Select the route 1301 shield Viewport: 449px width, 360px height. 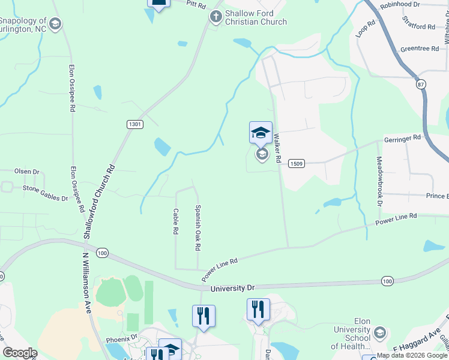tap(136, 124)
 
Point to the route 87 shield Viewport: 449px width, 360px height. tap(420, 85)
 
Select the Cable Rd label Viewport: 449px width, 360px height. tap(175, 221)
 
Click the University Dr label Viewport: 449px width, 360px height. tap(233, 289)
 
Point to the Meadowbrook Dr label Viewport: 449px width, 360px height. tap(379, 181)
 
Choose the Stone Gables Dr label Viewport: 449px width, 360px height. tap(45, 192)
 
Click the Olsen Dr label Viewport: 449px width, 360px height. tap(28, 172)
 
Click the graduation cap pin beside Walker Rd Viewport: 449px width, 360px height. tap(261, 133)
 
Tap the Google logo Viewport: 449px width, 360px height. tap(20, 353)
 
